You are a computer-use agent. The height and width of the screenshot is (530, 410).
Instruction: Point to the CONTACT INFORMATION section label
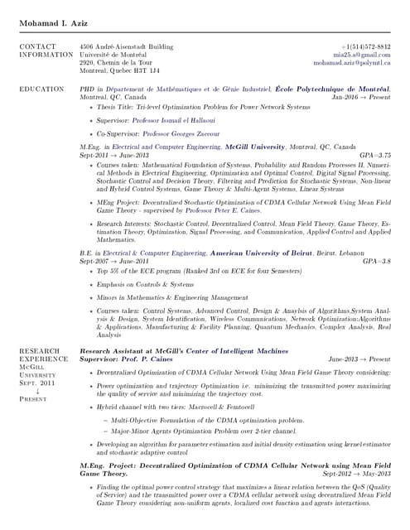pyautogui.click(x=46, y=51)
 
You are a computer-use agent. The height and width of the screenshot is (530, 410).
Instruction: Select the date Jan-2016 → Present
pyautogui.click(x=360, y=97)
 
